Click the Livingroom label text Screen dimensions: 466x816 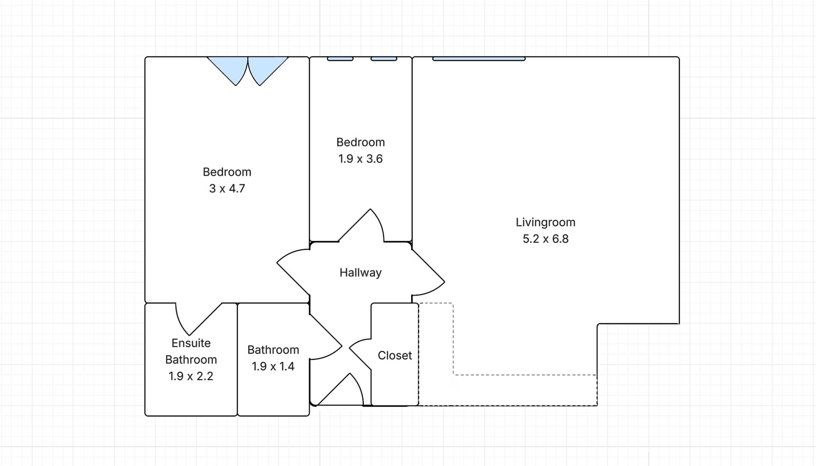[545, 222]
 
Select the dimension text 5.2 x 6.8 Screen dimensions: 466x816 [545, 239]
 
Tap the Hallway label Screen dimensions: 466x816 [360, 273]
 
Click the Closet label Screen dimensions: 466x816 [394, 356]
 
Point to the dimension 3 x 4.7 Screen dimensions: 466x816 [227, 189]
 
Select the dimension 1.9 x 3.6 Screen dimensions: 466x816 [360, 159]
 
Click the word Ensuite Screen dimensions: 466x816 [191, 343]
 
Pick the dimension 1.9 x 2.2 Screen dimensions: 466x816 [191, 376]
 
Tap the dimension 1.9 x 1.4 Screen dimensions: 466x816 [273, 366]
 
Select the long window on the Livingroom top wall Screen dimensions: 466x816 [479, 59]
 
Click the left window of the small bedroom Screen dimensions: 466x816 [340, 59]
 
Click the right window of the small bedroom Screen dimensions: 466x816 [384, 59]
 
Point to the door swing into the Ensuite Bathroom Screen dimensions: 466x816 [194, 317]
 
